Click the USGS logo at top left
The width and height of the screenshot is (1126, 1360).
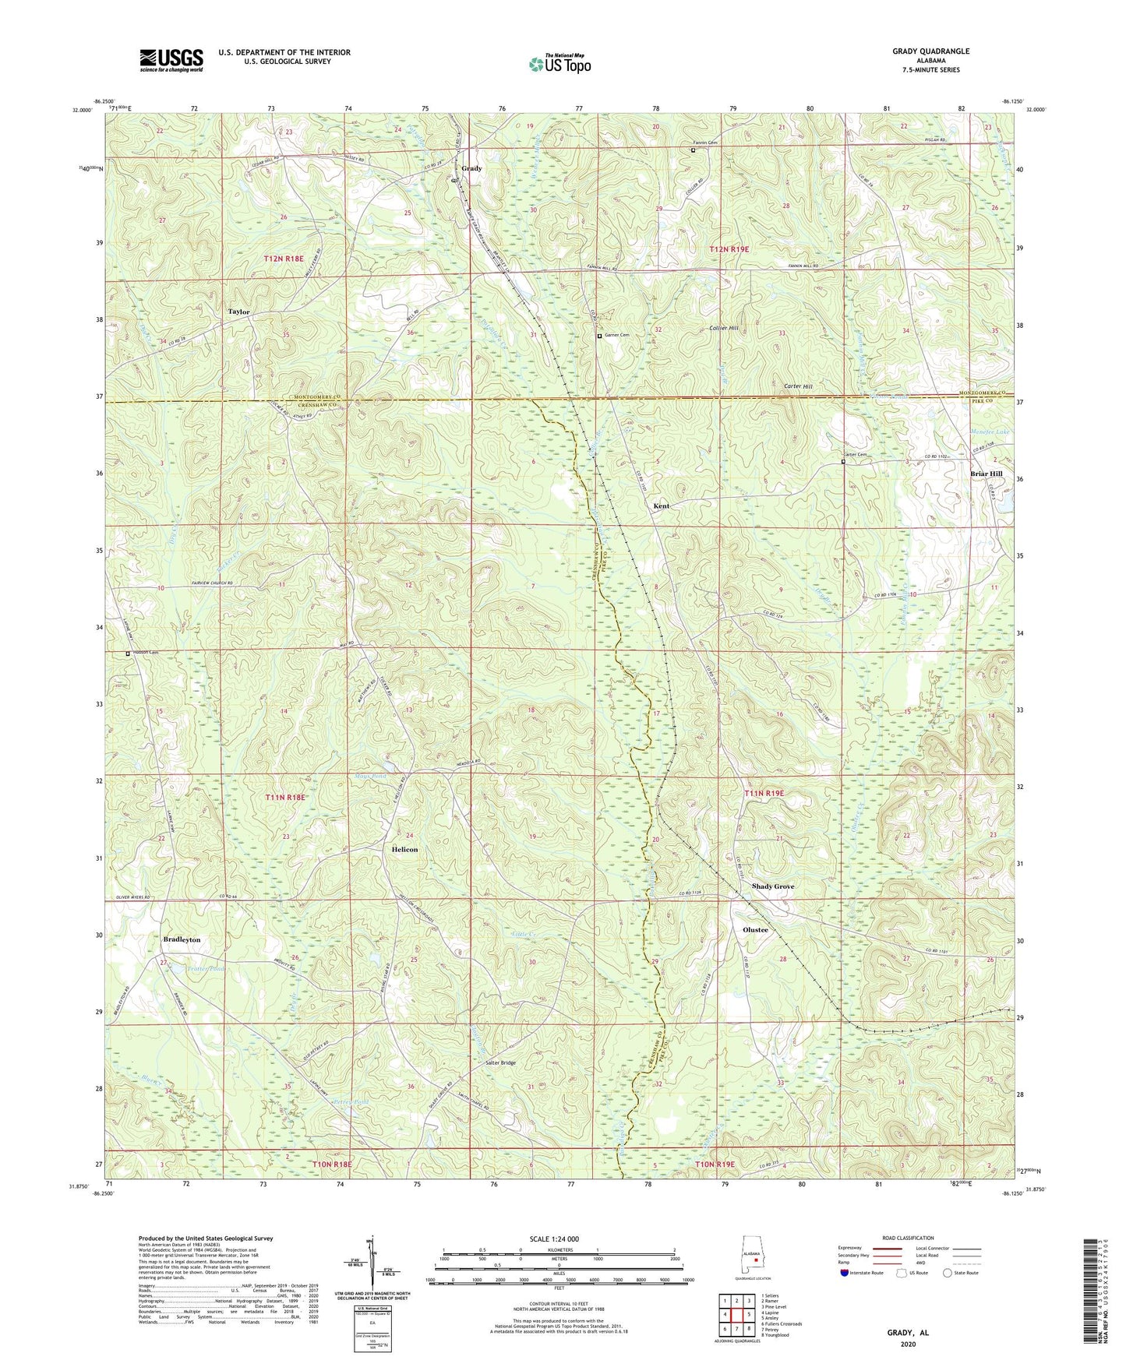(x=171, y=59)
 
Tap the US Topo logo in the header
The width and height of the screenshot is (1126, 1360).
(x=559, y=64)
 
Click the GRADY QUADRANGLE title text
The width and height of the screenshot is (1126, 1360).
(x=931, y=51)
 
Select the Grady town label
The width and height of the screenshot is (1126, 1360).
(x=471, y=168)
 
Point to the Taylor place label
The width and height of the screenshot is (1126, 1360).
(x=238, y=312)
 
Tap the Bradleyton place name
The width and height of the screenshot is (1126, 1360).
(x=182, y=939)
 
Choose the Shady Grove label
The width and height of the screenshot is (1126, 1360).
(x=773, y=886)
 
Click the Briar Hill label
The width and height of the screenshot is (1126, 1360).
(x=986, y=474)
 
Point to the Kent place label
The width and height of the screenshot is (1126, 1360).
(x=661, y=506)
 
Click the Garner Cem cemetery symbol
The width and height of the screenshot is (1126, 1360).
(x=599, y=336)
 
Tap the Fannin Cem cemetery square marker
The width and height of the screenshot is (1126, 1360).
(x=693, y=150)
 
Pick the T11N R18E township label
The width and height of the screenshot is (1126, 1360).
(x=285, y=798)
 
